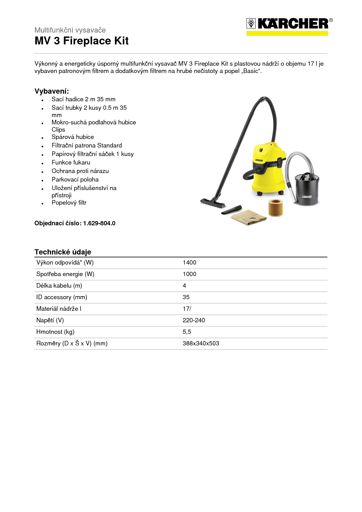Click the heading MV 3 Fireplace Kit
(x=81, y=41)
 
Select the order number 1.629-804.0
(x=99, y=223)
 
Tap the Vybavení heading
(x=52, y=91)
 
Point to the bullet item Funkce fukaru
(x=71, y=163)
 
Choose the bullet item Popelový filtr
(x=69, y=203)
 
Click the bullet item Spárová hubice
(x=73, y=137)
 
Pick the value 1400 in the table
(x=189, y=263)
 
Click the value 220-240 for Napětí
(x=194, y=320)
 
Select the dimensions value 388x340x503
(x=201, y=344)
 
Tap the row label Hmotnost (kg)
(x=55, y=332)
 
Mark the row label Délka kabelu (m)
(x=59, y=286)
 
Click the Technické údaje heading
(x=63, y=252)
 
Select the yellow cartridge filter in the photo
(x=275, y=208)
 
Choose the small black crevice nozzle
(x=232, y=209)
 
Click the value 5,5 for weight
(x=187, y=332)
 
